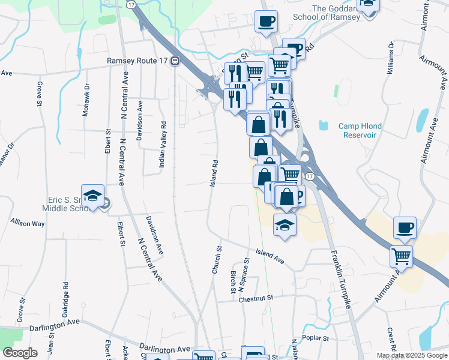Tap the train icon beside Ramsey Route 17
pos(175,61)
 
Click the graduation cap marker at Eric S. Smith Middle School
pos(93,196)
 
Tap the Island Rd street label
pos(214,173)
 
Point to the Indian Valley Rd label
pos(162,146)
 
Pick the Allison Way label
pos(28,223)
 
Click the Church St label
pos(217,260)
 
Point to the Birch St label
pos(233,282)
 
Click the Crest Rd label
pos(391,340)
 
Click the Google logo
pos(20,353)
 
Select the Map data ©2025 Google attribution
pos(412,355)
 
